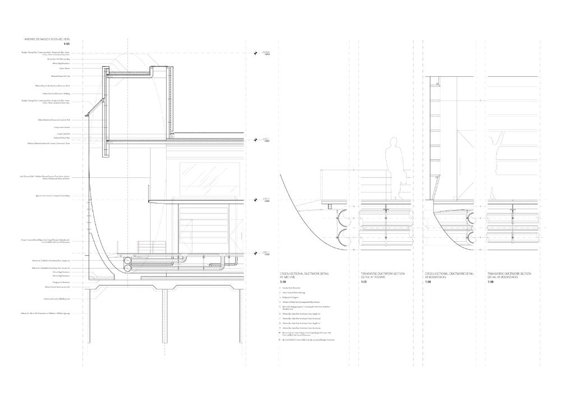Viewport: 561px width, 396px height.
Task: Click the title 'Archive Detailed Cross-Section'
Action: pyautogui.click(x=47, y=40)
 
